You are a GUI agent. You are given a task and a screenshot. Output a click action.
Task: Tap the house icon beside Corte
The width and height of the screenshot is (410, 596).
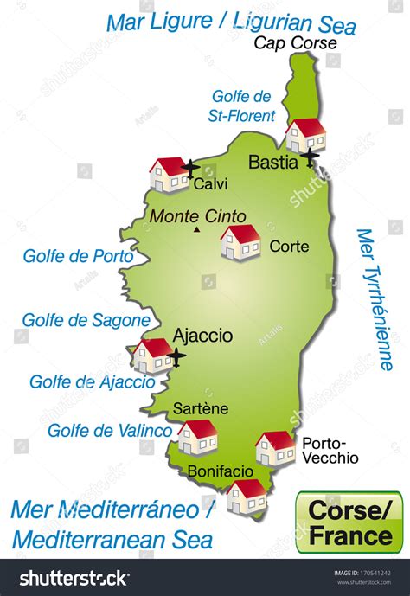(x=240, y=242)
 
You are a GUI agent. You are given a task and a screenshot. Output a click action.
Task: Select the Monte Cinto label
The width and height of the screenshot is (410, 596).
(x=198, y=216)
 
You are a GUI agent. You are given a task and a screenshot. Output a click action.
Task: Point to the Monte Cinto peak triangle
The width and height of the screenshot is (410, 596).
(x=197, y=230)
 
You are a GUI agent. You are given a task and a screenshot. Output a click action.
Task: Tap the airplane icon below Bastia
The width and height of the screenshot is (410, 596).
(x=309, y=156)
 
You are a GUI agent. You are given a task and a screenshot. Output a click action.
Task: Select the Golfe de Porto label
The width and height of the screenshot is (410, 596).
(x=79, y=256)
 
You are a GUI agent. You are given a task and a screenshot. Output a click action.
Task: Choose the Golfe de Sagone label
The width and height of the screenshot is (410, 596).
(x=86, y=320)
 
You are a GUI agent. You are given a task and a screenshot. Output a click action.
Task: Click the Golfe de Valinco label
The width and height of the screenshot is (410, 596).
(x=110, y=430)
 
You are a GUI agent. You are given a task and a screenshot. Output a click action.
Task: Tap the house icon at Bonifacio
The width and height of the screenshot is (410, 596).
(x=247, y=497)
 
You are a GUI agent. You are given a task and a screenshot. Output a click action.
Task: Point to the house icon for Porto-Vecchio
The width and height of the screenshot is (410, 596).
(x=275, y=448)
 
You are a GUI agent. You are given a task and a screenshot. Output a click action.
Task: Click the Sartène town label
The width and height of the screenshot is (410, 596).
(x=200, y=407)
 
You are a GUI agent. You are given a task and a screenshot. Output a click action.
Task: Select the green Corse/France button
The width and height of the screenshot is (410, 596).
(x=348, y=522)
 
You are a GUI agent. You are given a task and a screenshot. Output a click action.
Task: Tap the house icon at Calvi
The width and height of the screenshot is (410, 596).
(x=168, y=174)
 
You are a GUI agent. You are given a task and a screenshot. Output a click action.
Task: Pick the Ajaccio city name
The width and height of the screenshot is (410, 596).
(x=202, y=334)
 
